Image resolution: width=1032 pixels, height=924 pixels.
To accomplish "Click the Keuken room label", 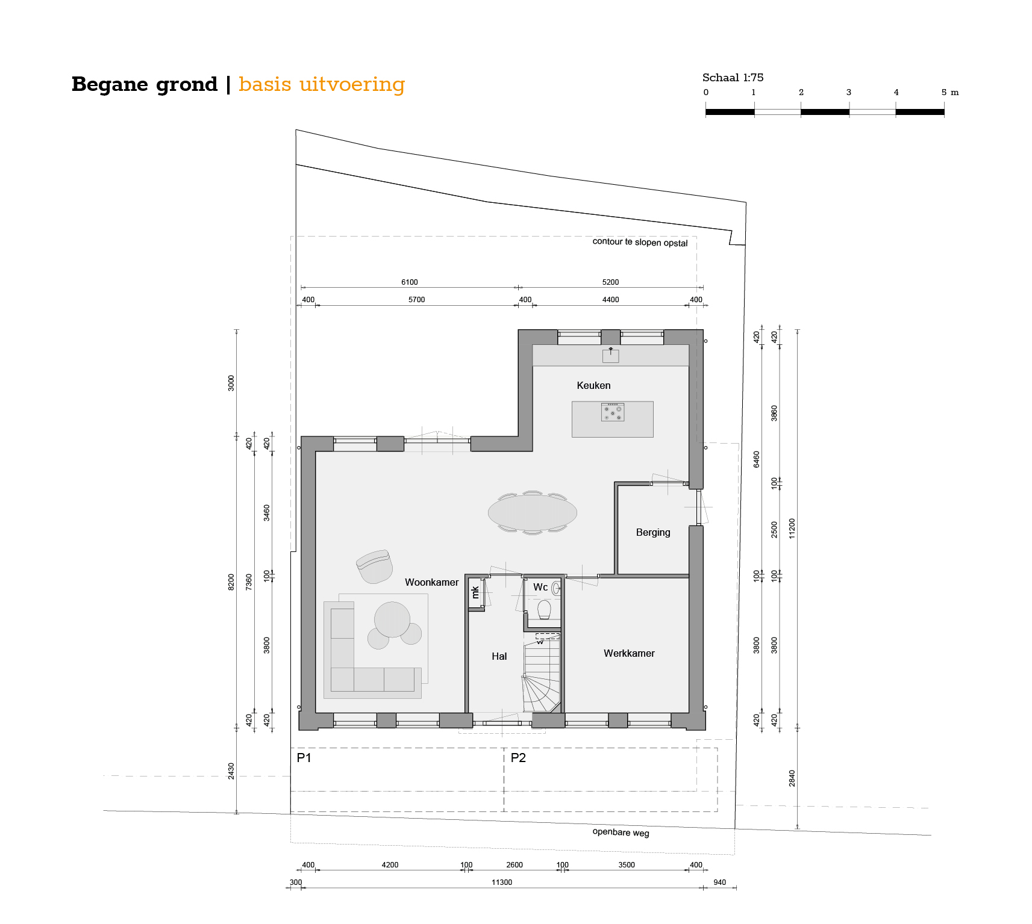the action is (593, 385).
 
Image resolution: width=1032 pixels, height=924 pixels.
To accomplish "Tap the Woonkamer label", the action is (431, 582).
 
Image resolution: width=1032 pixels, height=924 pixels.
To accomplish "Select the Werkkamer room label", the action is (629, 653).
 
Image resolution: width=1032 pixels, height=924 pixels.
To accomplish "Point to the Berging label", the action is (653, 533).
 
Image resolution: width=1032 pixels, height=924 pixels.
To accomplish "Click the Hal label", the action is (499, 656).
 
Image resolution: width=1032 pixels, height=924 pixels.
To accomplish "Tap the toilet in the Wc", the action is (544, 609).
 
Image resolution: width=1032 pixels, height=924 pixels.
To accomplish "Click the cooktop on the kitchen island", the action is (613, 412).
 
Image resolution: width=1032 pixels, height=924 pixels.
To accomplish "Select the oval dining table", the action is (533, 513).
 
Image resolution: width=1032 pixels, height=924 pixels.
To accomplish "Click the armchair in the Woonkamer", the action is (375, 566).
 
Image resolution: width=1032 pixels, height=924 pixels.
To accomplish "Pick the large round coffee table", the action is (392, 619).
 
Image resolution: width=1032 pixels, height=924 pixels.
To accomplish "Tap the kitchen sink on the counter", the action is (610, 355).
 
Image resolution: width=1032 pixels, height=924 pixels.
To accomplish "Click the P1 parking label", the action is (304, 758).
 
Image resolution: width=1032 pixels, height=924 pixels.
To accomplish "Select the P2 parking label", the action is (518, 758).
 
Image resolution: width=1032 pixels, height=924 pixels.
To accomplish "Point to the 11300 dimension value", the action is (502, 882).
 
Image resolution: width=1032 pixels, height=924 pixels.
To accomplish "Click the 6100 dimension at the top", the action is (410, 282).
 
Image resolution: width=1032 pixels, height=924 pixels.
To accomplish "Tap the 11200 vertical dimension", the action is (792, 529).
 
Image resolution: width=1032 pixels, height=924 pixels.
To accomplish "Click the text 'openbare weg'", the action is (621, 833).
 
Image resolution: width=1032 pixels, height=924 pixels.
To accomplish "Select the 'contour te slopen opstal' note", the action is (640, 242).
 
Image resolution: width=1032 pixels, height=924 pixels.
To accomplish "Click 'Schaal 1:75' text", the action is (733, 78).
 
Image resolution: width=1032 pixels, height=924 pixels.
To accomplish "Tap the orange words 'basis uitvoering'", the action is (322, 84).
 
